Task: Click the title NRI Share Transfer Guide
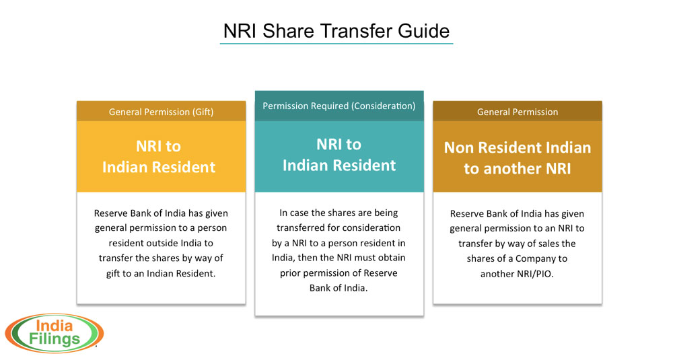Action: (x=336, y=31)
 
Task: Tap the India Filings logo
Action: (x=54, y=333)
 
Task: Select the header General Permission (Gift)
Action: (x=161, y=112)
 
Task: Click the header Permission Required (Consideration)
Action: (x=339, y=106)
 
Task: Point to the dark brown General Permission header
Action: (x=518, y=112)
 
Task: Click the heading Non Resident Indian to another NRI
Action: (x=518, y=158)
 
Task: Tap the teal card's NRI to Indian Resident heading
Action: (x=339, y=155)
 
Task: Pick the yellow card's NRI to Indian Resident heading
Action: (x=159, y=156)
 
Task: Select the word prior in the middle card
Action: (x=291, y=273)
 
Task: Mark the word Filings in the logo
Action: (x=54, y=339)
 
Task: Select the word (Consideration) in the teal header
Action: (x=384, y=106)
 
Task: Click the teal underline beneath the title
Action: (x=336, y=43)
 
